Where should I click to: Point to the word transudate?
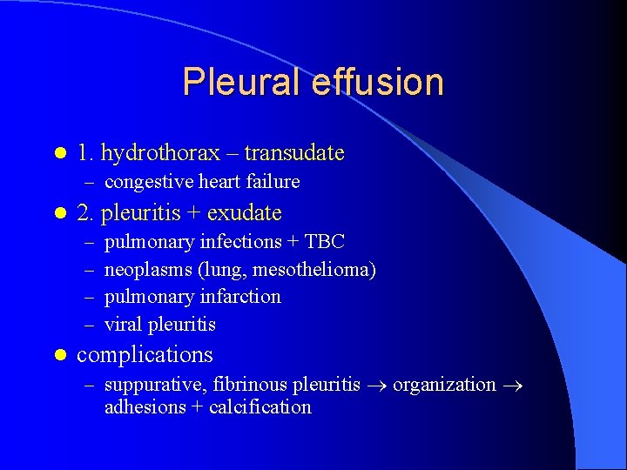point(294,153)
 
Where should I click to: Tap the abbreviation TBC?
point(326,241)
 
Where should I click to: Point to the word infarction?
point(240,297)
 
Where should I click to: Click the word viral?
point(124,325)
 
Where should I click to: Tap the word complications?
point(145,355)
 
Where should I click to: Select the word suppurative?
point(152,385)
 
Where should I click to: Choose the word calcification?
point(260,407)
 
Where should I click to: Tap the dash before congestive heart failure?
point(89,182)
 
